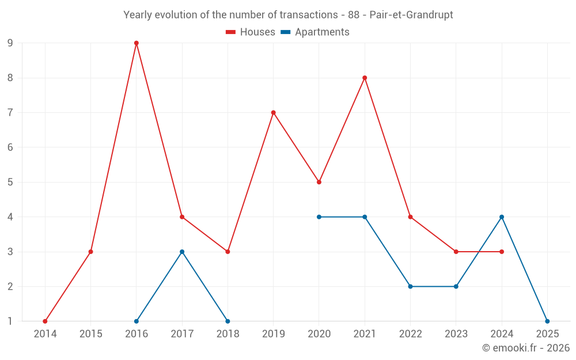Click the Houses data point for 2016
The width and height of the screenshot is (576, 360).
(x=137, y=43)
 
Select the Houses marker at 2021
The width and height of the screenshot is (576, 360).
(x=365, y=78)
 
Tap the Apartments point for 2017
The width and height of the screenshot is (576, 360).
(x=182, y=252)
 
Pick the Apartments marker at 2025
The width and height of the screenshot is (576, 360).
(x=547, y=321)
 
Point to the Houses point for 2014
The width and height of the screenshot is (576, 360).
(x=45, y=321)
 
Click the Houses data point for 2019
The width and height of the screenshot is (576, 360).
(x=274, y=113)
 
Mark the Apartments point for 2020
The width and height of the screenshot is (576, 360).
(x=319, y=217)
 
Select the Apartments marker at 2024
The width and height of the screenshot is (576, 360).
(x=502, y=217)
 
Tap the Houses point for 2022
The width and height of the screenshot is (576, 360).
(x=410, y=217)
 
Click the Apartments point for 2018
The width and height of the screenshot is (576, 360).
(x=228, y=321)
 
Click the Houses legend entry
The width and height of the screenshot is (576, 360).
(x=251, y=32)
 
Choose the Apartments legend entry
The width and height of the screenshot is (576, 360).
(x=315, y=32)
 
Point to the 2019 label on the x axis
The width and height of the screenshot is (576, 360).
(x=274, y=334)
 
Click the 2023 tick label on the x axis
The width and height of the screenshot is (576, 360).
(x=456, y=334)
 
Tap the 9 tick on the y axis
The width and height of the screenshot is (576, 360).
(x=10, y=43)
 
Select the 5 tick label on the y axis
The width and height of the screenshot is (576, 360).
(x=10, y=182)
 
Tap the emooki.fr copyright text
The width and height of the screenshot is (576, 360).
(x=525, y=348)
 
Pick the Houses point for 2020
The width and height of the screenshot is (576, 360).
(x=319, y=182)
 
